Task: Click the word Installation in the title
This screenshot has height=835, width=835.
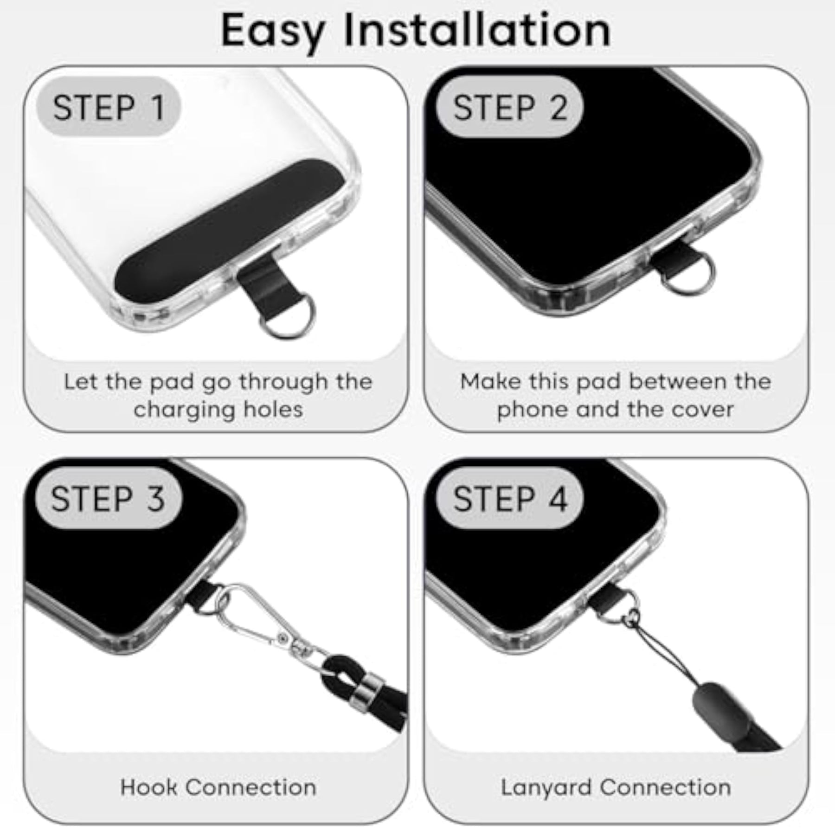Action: [x=477, y=30]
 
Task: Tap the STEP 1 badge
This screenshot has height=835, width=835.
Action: [x=109, y=107]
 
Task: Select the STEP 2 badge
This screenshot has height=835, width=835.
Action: [x=510, y=107]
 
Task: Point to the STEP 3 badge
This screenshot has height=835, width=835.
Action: [x=109, y=499]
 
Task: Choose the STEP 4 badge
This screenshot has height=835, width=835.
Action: [x=510, y=499]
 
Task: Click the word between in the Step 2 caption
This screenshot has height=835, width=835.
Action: [x=678, y=381]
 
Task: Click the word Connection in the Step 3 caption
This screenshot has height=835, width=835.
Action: [x=251, y=787]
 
